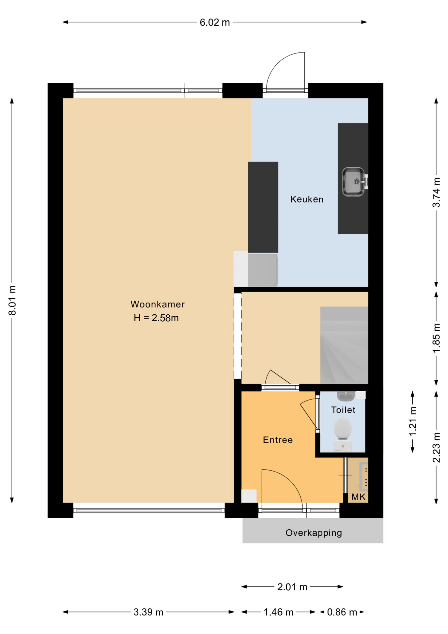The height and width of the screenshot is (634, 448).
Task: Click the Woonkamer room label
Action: pos(157,304)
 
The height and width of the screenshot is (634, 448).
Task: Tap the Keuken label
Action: pos(307,199)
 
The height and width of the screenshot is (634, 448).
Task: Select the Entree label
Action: pos(278,440)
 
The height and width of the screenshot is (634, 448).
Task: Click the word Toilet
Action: pos(343,410)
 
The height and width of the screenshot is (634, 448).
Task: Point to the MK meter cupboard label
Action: pos(358,497)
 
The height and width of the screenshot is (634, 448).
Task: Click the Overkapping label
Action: pos(314,533)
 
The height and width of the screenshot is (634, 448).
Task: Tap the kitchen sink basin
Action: pos(353,182)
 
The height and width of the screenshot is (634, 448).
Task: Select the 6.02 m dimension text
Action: pos(215,22)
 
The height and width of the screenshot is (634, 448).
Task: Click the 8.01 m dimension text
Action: pos(12,300)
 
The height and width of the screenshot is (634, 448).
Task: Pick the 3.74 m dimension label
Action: pos(436,193)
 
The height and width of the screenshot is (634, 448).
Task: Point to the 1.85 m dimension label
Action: pos(436,338)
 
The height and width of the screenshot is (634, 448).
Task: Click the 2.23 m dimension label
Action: pos(436,447)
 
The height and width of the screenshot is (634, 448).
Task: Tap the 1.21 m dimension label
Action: pos(413,421)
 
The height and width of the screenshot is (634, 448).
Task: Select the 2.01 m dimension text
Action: pos(292,587)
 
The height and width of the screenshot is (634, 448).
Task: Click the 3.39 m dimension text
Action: pos(148,612)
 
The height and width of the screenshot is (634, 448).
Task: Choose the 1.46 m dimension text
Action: pos(278,612)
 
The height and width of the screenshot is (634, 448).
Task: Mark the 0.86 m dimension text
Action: pos(342,612)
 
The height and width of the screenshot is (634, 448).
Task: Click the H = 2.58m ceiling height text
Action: pos(156,318)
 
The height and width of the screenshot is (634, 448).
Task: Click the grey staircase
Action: pos(344,345)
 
